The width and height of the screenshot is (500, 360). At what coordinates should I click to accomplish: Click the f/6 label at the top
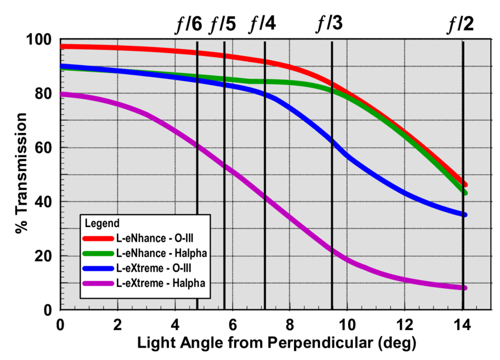point(189,24)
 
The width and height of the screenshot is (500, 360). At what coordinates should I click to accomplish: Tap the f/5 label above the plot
point(223,24)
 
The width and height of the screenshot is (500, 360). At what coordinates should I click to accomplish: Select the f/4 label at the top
point(262,24)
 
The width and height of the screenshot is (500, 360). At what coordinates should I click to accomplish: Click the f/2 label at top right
point(461,24)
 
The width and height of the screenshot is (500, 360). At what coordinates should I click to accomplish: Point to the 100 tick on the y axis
point(39,39)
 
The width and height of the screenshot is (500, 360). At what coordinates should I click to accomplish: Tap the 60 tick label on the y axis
point(44,148)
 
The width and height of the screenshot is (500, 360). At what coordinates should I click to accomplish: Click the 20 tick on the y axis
point(44,256)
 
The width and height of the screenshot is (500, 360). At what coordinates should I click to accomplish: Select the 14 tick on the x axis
point(462,325)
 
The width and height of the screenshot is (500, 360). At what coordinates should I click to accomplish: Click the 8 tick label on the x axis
point(289,325)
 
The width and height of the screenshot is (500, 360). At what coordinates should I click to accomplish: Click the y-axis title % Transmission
point(20,174)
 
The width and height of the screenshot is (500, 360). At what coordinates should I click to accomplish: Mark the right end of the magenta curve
point(464,288)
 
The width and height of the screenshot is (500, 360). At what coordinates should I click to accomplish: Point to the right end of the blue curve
point(464,215)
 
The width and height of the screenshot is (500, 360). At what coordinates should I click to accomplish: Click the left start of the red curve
point(62,46)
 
